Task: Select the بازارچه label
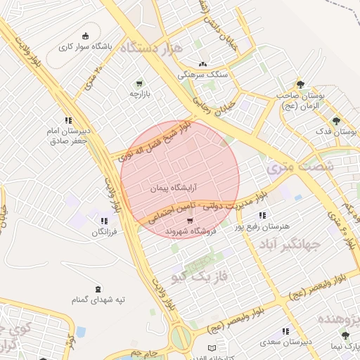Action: pyautogui.click(x=139, y=94)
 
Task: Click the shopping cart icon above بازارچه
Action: pyautogui.click(x=139, y=82)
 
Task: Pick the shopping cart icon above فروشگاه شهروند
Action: pyautogui.click(x=190, y=220)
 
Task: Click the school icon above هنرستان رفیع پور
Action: pyautogui.click(x=262, y=215)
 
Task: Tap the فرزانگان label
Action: pyautogui.click(x=95, y=231)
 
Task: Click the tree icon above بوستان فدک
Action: pyautogui.click(x=336, y=120)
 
